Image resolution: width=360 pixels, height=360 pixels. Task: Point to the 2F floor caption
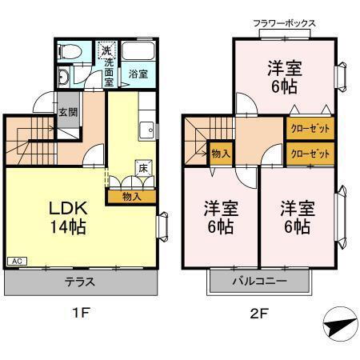click(x=257, y=314)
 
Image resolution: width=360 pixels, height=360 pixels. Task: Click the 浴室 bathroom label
click(x=138, y=74)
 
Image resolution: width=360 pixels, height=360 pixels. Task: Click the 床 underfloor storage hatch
click(x=142, y=168)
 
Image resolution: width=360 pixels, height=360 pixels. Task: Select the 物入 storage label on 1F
click(x=132, y=195)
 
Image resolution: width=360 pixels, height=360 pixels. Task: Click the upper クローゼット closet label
click(x=309, y=128)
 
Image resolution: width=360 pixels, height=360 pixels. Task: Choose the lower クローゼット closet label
click(x=309, y=153)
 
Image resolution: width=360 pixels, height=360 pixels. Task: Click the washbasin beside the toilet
click(x=64, y=78)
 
